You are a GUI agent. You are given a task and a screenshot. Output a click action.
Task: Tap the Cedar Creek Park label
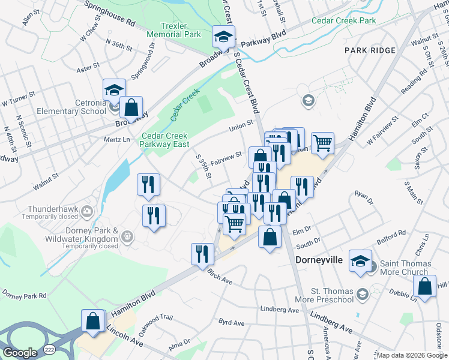pyautogui.click(x=343, y=20)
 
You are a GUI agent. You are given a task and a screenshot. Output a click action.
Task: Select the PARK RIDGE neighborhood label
pyautogui.click(x=370, y=50)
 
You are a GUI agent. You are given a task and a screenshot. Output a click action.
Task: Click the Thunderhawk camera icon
pyautogui.click(x=88, y=211)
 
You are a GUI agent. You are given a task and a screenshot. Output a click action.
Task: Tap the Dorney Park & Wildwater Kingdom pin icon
pyautogui.click(x=127, y=238)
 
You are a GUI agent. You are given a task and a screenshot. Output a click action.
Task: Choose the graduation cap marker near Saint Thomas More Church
pyautogui.click(x=360, y=261)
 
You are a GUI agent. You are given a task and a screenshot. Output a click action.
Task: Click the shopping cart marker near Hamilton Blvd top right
pyautogui.click(x=322, y=143)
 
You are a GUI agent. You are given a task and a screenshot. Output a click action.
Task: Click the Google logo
pyautogui.click(x=20, y=353)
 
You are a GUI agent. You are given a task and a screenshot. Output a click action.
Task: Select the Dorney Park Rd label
pyautogui.click(x=24, y=295)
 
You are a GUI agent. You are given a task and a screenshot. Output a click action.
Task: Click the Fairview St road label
pyautogui.click(x=226, y=155)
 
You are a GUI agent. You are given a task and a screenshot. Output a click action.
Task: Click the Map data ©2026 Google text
pyautogui.click(x=411, y=355)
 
